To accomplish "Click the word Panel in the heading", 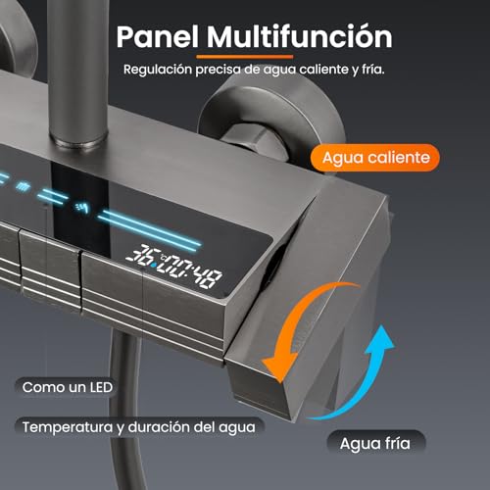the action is [x=158, y=36].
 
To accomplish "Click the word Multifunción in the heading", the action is [x=300, y=36].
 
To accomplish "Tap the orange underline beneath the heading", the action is [x=245, y=57].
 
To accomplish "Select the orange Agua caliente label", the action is [x=375, y=158].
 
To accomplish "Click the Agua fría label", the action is [x=375, y=443].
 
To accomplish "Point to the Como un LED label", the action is [x=67, y=387].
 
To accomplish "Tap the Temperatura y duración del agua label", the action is [x=139, y=427].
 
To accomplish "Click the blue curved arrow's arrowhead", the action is [x=380, y=340].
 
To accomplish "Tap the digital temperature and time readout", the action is [x=173, y=266].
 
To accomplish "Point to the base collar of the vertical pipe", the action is [x=78, y=140].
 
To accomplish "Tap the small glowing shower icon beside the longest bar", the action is [x=81, y=207].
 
